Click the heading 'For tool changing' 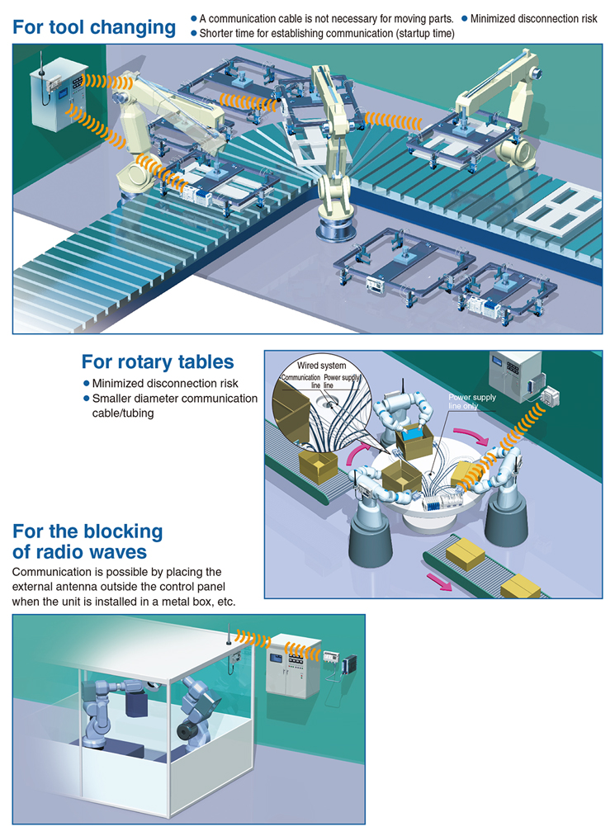(94, 27)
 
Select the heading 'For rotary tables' (158, 361)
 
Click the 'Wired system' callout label (321, 366)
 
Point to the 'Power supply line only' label (471, 401)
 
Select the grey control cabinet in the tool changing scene (59, 95)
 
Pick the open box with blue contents (414, 442)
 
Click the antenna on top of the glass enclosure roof (229, 634)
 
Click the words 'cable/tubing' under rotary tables (123, 413)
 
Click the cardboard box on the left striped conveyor (318, 465)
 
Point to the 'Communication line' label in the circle (300, 380)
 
